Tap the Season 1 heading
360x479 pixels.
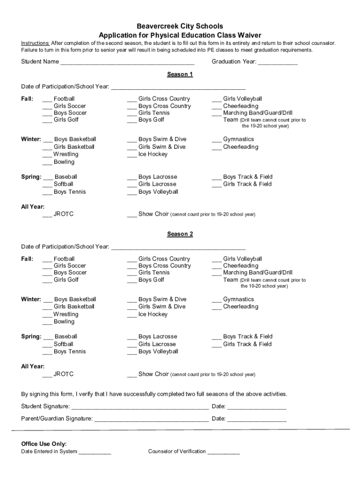pos(180,74)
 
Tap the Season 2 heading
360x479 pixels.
pos(180,234)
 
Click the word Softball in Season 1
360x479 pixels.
pos(64,184)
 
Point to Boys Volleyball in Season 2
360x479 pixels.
pos(158,352)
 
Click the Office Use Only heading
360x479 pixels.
pos(44,443)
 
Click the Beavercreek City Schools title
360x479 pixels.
pos(180,26)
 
